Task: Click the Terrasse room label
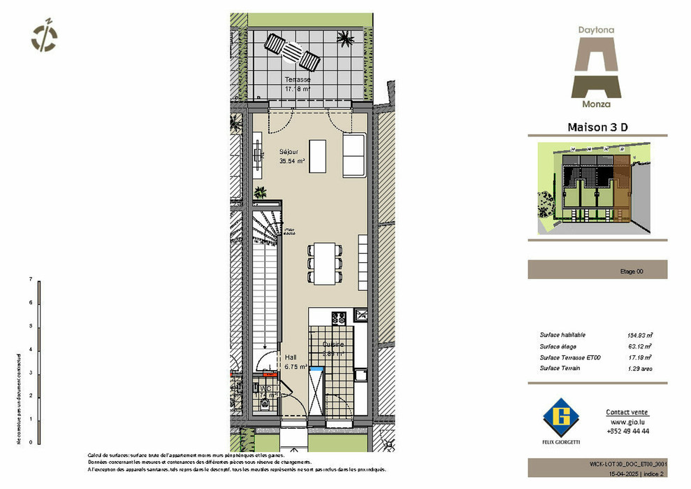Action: (297, 80)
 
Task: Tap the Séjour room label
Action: (289, 151)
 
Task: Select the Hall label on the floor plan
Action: (291, 357)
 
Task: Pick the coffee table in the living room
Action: (317, 156)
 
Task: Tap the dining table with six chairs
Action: (323, 263)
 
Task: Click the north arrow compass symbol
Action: (45, 36)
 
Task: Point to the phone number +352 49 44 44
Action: (627, 432)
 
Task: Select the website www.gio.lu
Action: (627, 423)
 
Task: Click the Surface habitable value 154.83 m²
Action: (639, 335)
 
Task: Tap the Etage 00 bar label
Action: (632, 272)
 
